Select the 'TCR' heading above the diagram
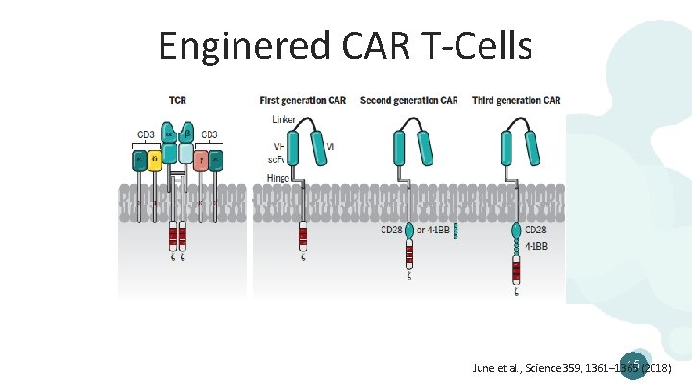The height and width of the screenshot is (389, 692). point(178,100)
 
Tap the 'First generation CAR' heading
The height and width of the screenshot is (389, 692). point(305,100)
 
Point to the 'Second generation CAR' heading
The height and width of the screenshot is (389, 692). point(409,100)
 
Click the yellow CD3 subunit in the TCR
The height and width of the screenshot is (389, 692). point(155,159)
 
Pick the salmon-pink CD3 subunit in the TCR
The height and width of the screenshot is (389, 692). point(200,159)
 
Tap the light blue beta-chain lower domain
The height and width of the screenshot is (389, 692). point(185,153)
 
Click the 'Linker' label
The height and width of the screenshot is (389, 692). point(284,119)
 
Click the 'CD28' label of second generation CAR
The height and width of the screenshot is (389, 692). point(391,230)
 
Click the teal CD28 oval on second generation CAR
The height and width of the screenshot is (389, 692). point(409,231)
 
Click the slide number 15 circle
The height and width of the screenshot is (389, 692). point(634,362)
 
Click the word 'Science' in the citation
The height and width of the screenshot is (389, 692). point(548,368)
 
